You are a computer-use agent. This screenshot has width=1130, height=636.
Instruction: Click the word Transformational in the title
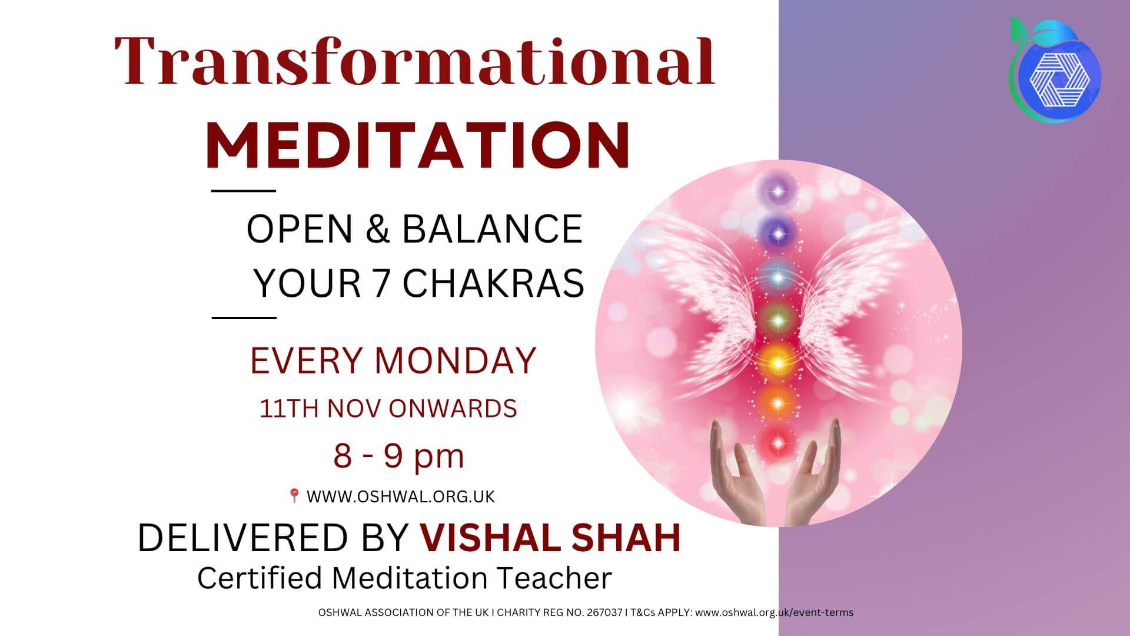click(414, 62)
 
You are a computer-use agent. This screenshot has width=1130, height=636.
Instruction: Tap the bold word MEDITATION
click(418, 144)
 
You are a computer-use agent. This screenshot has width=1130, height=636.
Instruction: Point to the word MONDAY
click(456, 360)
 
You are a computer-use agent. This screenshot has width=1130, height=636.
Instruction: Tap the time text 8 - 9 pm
click(399, 456)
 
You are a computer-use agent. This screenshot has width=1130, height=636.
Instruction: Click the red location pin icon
click(294, 496)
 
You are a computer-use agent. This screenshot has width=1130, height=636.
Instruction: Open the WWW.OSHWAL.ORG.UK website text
click(401, 496)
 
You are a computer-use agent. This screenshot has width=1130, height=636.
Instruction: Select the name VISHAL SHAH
click(550, 537)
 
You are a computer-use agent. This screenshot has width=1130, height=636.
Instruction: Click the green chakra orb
click(778, 320)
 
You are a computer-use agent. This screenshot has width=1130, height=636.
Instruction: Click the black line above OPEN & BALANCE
click(243, 191)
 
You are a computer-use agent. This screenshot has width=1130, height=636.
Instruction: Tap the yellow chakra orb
click(778, 360)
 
